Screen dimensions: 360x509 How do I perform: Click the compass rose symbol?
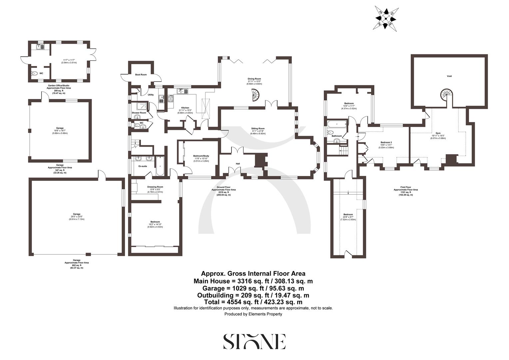click(386, 18)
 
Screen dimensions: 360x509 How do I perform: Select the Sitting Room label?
click(258, 128)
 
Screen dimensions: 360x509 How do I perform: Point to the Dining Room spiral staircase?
click(256, 95)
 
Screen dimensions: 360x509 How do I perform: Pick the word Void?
click(449, 76)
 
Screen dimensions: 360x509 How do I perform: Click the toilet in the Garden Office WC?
click(35, 74)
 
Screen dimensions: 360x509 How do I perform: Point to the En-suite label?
click(143, 166)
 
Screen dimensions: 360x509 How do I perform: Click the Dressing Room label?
click(155, 187)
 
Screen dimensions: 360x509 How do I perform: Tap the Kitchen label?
click(185, 108)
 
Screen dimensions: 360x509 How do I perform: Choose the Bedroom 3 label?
click(386, 143)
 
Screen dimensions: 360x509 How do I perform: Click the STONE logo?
click(254, 341)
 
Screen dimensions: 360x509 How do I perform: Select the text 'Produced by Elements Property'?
click(253, 314)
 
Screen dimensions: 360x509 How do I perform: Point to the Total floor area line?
click(253, 302)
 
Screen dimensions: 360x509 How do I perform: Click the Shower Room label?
click(139, 113)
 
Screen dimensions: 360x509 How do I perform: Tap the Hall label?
click(238, 164)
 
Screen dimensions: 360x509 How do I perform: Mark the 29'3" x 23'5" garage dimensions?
click(77, 217)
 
